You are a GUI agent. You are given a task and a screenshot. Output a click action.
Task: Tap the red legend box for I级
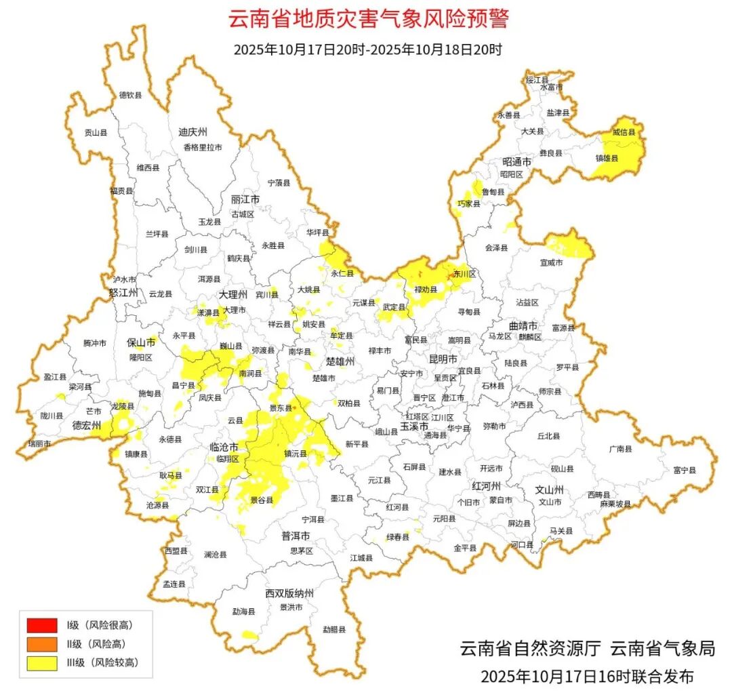pos(41,624)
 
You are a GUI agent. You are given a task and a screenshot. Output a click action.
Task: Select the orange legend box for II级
pos(41,643)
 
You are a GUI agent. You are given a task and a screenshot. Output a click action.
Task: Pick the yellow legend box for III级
pos(41,662)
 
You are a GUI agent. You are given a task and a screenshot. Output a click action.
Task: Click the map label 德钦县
pos(130,96)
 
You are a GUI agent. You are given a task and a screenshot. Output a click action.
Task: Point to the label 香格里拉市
pos(202,147)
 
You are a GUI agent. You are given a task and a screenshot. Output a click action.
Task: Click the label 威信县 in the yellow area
pos(624,133)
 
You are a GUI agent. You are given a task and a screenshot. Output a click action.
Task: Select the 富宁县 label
pos(684,470)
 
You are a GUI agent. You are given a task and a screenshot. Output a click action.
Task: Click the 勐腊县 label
pos(333,629)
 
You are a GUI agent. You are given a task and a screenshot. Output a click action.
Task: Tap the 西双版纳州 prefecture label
pos(289,593)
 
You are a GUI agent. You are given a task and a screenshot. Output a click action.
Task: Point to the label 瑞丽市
pos(39,443)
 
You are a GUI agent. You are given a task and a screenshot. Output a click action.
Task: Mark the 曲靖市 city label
pos(523,325)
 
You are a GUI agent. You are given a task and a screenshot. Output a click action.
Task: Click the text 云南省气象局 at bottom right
pos(662,648)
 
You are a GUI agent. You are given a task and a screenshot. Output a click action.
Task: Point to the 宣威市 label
pos(551,262)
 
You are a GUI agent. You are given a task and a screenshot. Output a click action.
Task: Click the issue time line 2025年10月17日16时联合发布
pos(587,676)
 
